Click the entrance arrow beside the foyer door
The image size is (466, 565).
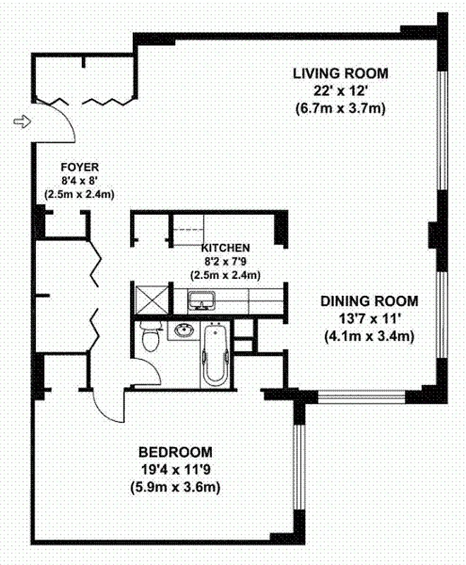23,121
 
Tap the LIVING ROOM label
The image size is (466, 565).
341,73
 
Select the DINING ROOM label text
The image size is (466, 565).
369,301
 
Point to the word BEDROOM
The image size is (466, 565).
175,452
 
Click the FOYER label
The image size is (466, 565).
79,167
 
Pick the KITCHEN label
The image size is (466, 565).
225,248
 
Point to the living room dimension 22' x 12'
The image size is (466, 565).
341,91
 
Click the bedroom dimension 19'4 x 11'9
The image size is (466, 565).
175,470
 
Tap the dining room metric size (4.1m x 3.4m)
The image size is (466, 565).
369,336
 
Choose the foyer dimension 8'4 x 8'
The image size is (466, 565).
79,181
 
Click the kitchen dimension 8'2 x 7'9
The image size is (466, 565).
225,261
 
